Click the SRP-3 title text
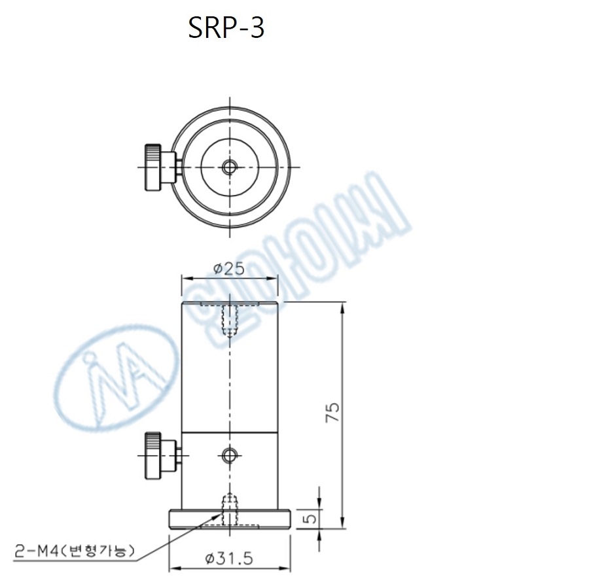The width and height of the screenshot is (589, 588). [x=226, y=27]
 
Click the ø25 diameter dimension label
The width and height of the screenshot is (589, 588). [x=229, y=268]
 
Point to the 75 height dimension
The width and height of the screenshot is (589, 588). [x=333, y=412]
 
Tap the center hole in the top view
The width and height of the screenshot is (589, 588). [x=229, y=167]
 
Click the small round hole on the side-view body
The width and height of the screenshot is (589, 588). [x=229, y=454]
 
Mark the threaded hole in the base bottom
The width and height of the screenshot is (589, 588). [x=229, y=510]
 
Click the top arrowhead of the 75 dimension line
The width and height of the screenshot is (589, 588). [x=342, y=305]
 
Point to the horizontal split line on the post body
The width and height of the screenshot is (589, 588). [x=229, y=432]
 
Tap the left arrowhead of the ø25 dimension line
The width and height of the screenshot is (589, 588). [x=185, y=277]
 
